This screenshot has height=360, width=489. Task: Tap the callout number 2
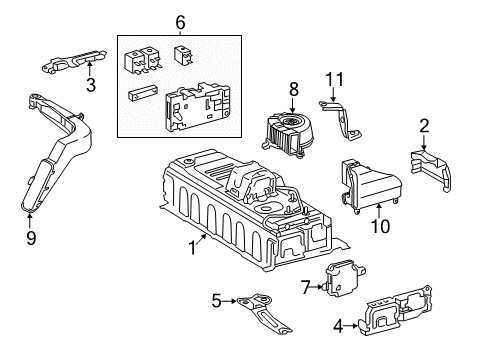coord(424,124)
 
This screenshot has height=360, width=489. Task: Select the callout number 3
coord(90,85)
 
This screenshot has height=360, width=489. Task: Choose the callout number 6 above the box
coord(180,22)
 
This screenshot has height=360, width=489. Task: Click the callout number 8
coord(293,88)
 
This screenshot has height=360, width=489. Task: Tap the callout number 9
coord(30,237)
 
